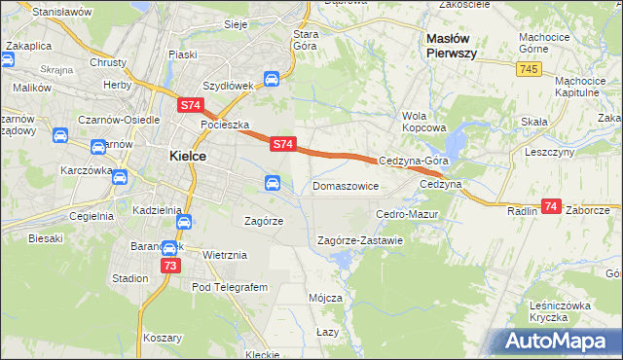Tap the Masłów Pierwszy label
click(x=451, y=46)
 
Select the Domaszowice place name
click(x=346, y=185)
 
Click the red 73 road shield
click(x=171, y=265)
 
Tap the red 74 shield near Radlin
click(x=552, y=206)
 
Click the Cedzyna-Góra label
click(x=413, y=161)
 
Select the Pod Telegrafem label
click(x=230, y=287)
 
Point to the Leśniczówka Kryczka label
click(x=561, y=311)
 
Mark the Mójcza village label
click(x=324, y=298)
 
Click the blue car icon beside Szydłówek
click(x=273, y=81)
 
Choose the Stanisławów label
click(x=61, y=12)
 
